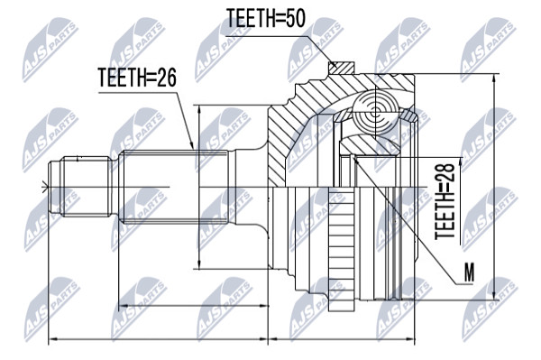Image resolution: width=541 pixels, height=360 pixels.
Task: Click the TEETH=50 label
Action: tap(265, 18)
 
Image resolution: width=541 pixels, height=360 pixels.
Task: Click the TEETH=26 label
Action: tap(137, 78)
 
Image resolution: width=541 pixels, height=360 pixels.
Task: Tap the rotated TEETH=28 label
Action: tap(445, 201)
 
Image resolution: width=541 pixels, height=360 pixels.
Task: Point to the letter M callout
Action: tap(469, 272)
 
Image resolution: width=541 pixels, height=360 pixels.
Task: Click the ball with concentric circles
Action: tap(375, 111)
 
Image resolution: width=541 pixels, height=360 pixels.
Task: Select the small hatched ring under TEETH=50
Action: tap(341, 68)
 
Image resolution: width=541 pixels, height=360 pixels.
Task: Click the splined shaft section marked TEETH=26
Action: tap(173, 187)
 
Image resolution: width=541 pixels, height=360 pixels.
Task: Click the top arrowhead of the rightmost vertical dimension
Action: tap(495, 78)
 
